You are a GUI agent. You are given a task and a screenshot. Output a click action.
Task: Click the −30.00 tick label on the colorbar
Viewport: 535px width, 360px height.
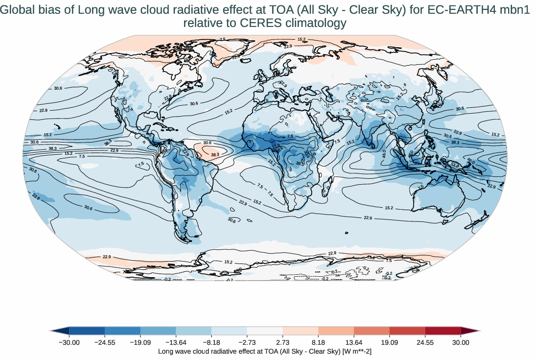coord(69,342)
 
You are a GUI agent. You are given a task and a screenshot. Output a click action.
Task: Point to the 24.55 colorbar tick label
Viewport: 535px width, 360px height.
coord(425,342)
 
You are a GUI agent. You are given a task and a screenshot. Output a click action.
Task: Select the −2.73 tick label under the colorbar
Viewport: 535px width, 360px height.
coord(247,342)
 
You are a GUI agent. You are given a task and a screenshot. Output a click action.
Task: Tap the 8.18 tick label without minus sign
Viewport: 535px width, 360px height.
coord(318,342)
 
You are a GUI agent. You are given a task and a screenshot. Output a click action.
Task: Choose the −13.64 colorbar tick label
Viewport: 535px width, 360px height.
coord(175,342)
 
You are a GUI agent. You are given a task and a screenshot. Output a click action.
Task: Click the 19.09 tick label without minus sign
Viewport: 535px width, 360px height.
coord(390,342)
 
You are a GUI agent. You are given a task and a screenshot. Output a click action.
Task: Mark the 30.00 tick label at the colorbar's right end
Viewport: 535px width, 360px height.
coord(461,342)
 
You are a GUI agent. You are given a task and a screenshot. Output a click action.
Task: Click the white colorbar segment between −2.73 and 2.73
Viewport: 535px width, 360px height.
coord(265,331)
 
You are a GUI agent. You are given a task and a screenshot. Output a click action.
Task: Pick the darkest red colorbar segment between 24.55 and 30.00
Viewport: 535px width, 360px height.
coord(443,331)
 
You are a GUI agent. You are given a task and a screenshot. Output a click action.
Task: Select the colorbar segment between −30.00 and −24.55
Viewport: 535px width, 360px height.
coord(87,331)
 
